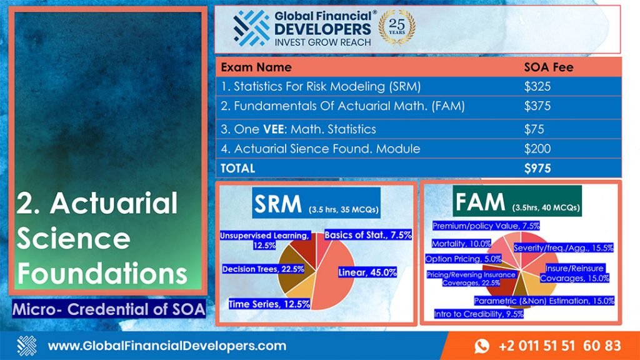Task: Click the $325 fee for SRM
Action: tap(537, 86)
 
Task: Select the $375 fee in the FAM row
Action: tap(537, 106)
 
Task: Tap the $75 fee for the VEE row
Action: tap(534, 129)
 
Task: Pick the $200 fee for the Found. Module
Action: tap(537, 149)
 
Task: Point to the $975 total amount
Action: tap(537, 169)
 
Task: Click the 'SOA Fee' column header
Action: tap(549, 67)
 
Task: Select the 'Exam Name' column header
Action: tap(256, 67)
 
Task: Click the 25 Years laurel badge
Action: tap(397, 27)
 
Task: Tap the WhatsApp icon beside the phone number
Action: tap(482, 346)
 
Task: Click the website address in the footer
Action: tap(167, 346)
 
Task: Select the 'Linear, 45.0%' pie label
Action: tap(367, 272)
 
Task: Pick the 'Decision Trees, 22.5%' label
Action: tap(263, 269)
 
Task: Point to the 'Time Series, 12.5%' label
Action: tap(269, 304)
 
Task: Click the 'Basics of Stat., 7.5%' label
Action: tap(367, 235)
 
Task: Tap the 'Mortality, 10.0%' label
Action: tap(461, 244)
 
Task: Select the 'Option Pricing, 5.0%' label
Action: tap(463, 259)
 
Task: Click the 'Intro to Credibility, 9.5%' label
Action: tap(478, 314)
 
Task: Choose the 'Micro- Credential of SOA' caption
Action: tap(109, 309)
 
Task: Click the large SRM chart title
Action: tap(277, 204)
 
